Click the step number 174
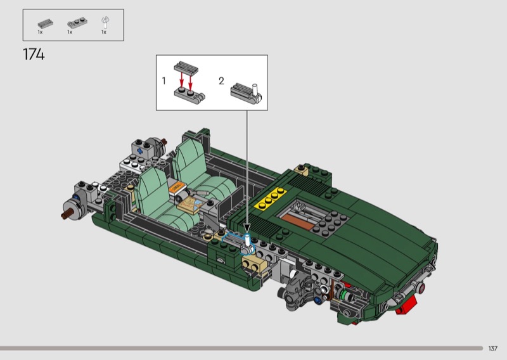(34, 55)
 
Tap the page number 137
(493, 349)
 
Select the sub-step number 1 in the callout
(164, 81)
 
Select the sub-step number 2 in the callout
(221, 81)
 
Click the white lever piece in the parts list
(105, 23)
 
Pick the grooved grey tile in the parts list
(45, 23)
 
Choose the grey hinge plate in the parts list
(76, 23)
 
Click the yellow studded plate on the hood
(271, 198)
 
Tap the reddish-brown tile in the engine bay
(298, 222)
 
